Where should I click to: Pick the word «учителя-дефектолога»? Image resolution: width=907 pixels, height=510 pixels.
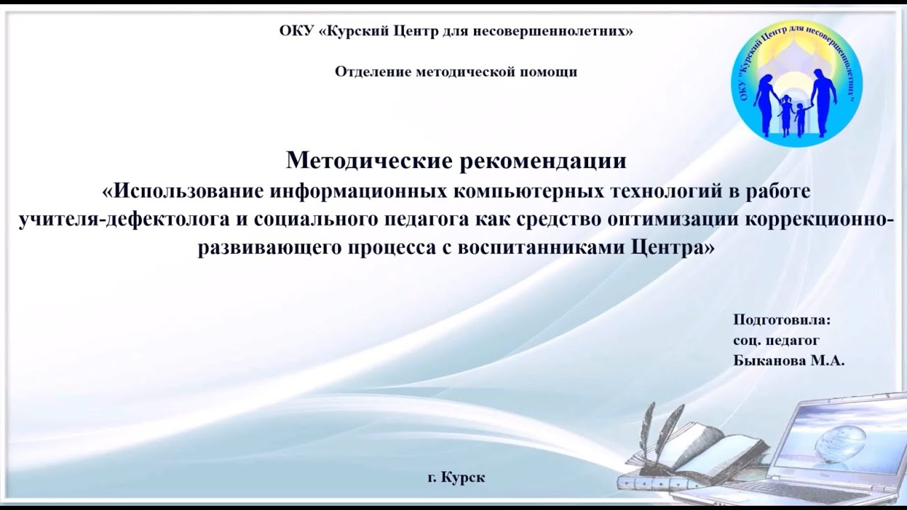(x=122, y=220)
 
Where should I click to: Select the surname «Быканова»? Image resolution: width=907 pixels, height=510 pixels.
(x=768, y=361)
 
